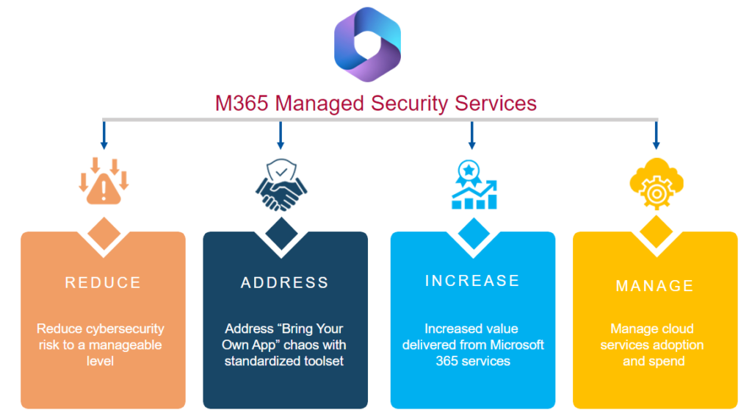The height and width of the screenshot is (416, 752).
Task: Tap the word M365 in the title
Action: pyautogui.click(x=242, y=103)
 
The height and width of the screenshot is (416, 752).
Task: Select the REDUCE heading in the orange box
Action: pyautogui.click(x=103, y=283)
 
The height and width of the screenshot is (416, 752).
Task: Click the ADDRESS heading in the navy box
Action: pyautogui.click(x=285, y=283)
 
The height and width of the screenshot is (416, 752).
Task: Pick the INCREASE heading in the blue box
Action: pyautogui.click(x=472, y=281)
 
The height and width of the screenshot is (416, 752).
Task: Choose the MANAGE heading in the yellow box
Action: pyautogui.click(x=654, y=286)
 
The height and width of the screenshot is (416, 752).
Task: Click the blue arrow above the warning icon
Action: pyautogui.click(x=104, y=135)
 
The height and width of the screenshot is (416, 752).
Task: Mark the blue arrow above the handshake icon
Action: pyautogui.click(x=280, y=135)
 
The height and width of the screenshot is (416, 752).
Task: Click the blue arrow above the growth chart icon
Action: pyautogui.click(x=471, y=135)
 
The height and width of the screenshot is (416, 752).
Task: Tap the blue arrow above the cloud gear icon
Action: pyautogui.click(x=656, y=135)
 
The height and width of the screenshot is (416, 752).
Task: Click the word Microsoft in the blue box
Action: pyautogui.click(x=517, y=345)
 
